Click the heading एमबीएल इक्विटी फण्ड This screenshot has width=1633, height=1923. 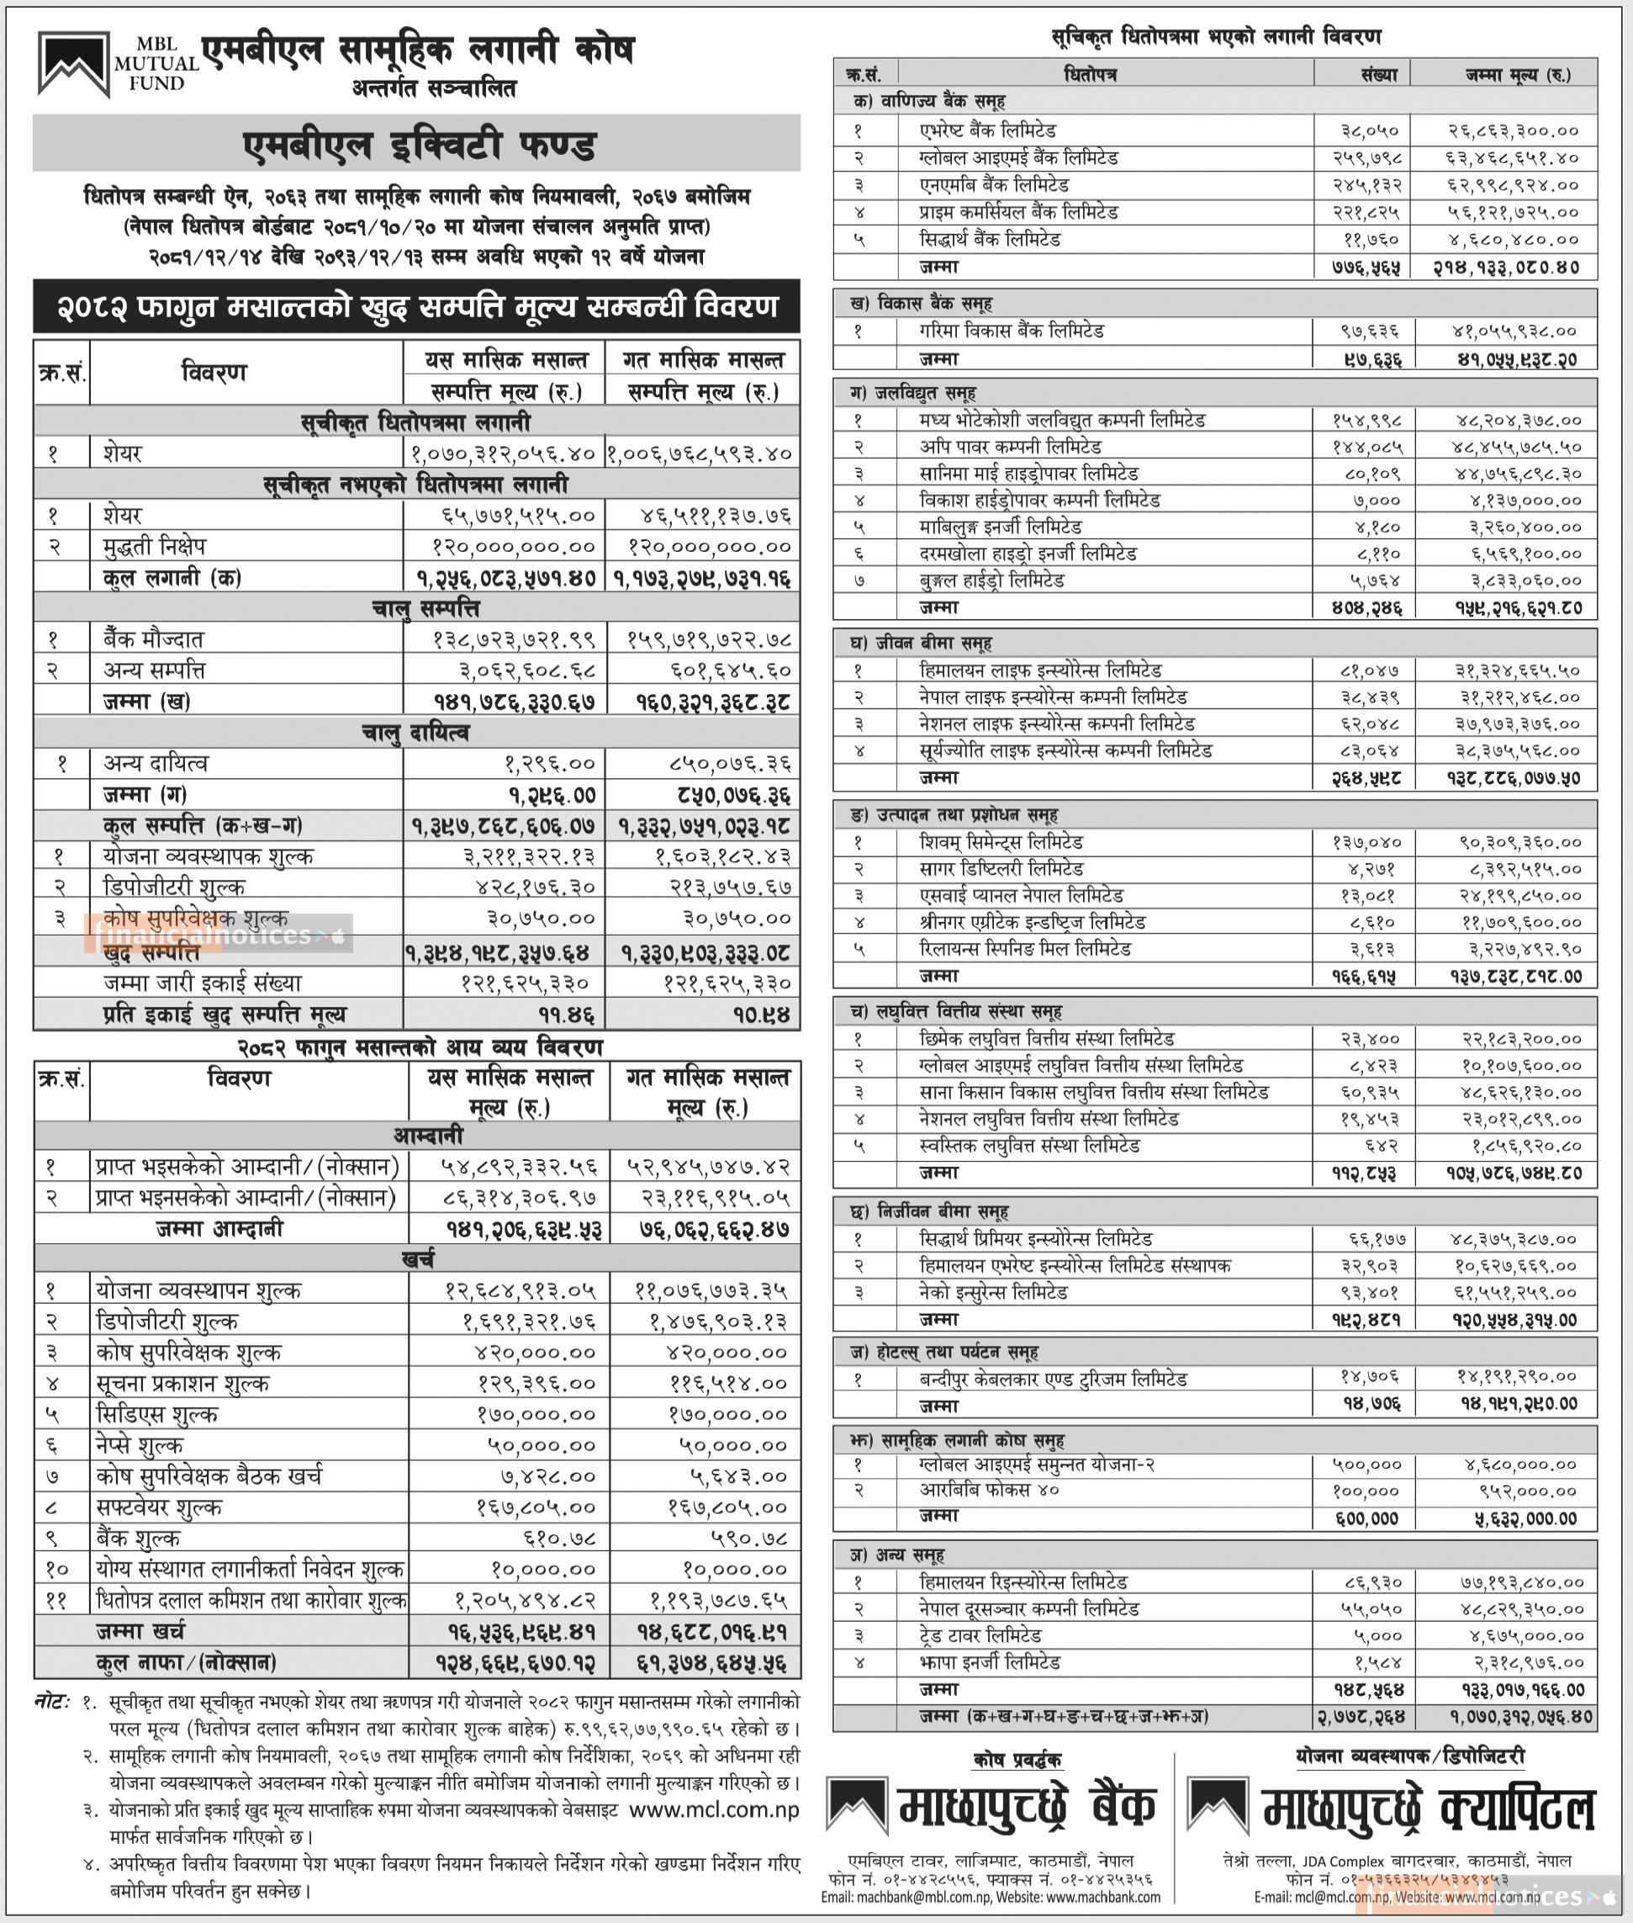pyautogui.click(x=419, y=146)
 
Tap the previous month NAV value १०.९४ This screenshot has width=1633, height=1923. pyautogui.click(x=761, y=1014)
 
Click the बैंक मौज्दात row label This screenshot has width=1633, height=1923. pyautogui.click(x=154, y=638)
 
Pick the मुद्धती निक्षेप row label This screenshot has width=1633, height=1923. pyautogui.click(x=155, y=546)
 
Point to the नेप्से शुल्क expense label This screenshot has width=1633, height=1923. pyautogui.click(x=140, y=1445)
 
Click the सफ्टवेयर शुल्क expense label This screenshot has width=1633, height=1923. pyautogui.click(x=158, y=1507)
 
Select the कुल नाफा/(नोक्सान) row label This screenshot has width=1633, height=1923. pyautogui.click(x=186, y=1663)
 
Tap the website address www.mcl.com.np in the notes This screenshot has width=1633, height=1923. pyautogui.click(x=714, y=1811)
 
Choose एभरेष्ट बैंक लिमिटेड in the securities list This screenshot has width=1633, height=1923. pyautogui.click(x=988, y=130)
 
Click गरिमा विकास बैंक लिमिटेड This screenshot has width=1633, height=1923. pyautogui.click(x=1011, y=331)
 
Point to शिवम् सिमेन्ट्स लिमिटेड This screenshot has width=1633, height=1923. pyautogui.click(x=1001, y=841)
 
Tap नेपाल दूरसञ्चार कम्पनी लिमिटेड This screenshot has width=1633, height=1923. pyautogui.click(x=1028, y=1608)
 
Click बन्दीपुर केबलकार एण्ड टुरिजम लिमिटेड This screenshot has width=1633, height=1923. pyautogui.click(x=1053, y=1379)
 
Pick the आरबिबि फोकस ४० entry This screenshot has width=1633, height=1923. pyautogui.click(x=989, y=1491)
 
